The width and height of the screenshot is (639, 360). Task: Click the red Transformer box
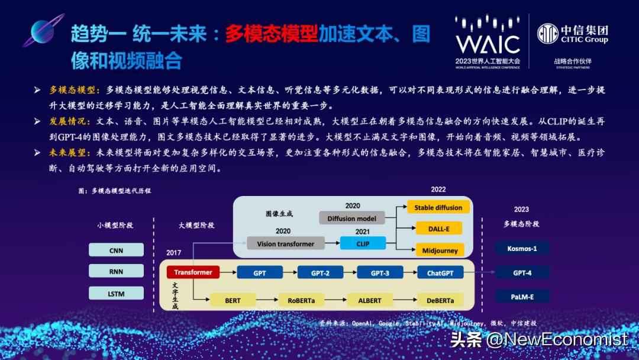point(193,272)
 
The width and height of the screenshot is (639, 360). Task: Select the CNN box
point(117,250)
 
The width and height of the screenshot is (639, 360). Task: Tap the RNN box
point(117,271)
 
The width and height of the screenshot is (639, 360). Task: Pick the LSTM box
point(117,292)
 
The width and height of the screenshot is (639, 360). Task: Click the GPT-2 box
point(319,273)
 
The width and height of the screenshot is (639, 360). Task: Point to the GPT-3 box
point(379,273)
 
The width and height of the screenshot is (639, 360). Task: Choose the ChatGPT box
point(440,273)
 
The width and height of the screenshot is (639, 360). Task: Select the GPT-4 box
point(522,273)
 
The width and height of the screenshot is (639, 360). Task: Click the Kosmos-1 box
point(522,248)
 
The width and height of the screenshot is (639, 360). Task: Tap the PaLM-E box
point(522,296)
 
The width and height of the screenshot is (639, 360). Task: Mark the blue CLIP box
point(363,243)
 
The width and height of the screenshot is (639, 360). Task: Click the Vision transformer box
point(286,243)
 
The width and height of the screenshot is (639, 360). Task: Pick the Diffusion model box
point(352,218)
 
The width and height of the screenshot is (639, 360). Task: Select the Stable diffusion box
point(438,207)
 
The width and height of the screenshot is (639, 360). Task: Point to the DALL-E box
point(438,229)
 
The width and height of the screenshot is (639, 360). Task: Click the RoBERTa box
point(302,300)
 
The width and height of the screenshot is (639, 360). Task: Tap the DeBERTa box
point(439,300)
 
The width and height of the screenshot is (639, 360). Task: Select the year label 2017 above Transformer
point(173,252)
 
